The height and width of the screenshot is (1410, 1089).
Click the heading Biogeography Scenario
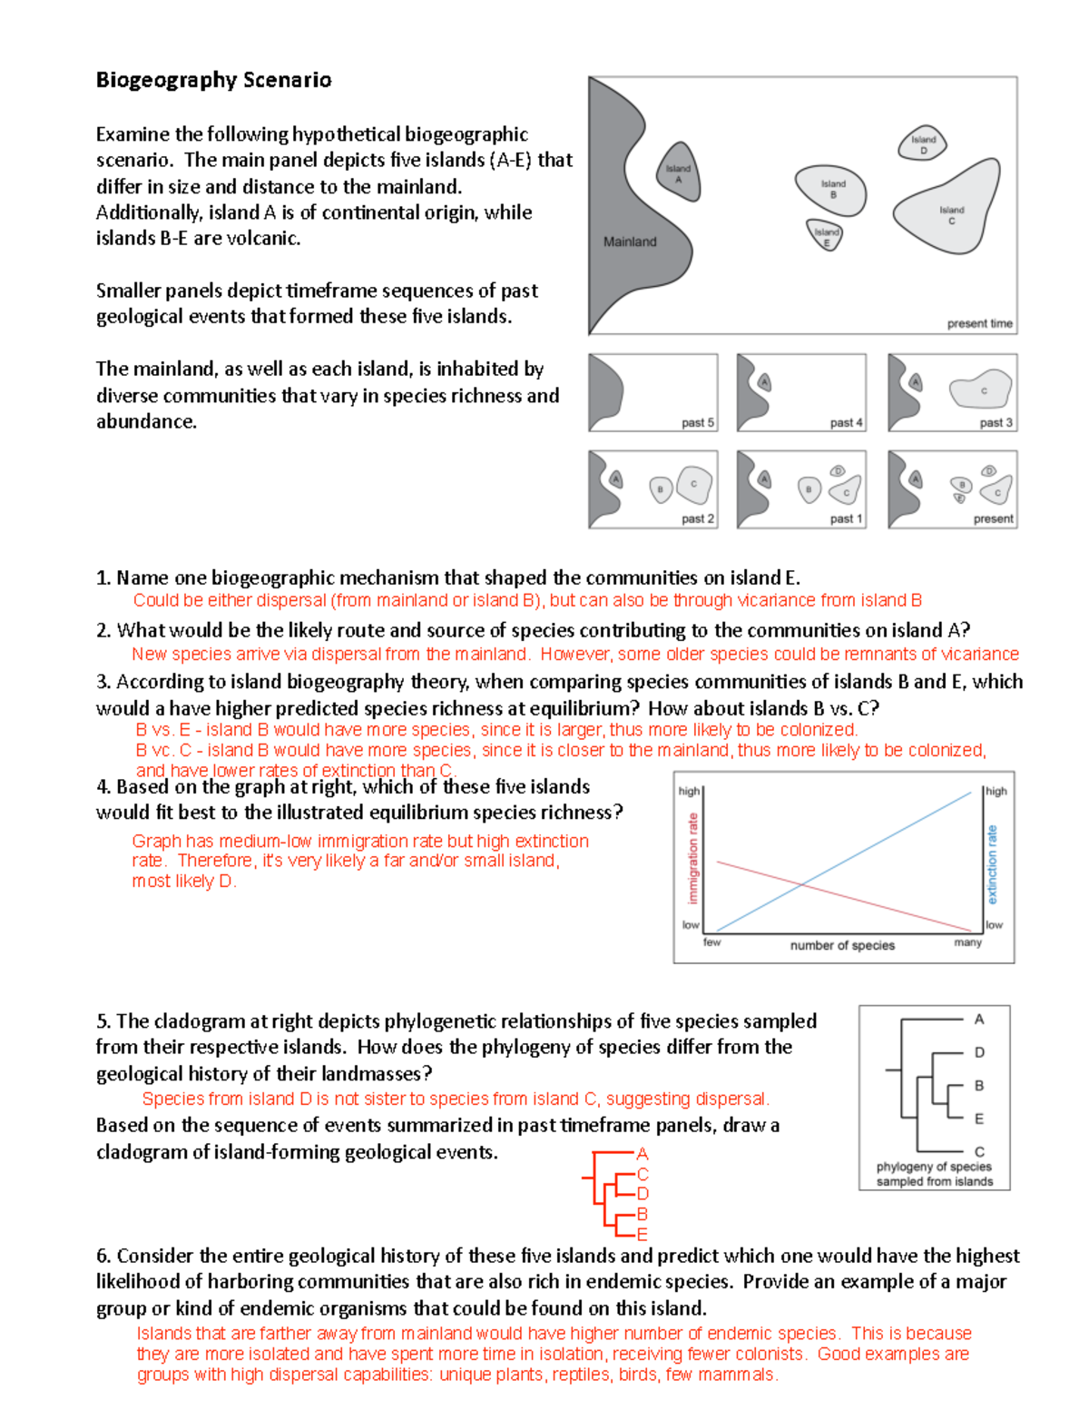coord(214,80)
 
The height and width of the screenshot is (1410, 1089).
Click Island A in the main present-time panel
coord(678,173)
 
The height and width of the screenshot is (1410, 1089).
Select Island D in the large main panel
coord(923,143)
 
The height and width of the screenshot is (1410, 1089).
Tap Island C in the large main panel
coord(949,212)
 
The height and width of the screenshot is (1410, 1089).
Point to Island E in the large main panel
coord(826,236)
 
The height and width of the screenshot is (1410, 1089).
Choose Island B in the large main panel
coord(831,190)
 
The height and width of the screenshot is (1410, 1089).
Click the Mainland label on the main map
coord(630,242)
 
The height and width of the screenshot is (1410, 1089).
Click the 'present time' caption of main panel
coord(979,323)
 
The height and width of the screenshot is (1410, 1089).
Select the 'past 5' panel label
coord(698,423)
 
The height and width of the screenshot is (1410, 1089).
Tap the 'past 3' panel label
coord(996,423)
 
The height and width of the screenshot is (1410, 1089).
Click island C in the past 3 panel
coord(981,390)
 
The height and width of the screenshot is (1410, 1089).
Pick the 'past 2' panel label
coord(698,519)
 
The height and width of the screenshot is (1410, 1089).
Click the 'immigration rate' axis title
coord(693,858)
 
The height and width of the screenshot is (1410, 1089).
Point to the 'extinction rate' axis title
coord(992,863)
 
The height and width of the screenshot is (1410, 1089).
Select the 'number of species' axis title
coord(842,945)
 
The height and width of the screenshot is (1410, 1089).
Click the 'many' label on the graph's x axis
coord(967,942)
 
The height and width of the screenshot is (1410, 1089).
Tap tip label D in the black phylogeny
coord(979,1052)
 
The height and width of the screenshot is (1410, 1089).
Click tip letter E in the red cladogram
coord(643,1235)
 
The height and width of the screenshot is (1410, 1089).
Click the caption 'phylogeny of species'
coord(934,1167)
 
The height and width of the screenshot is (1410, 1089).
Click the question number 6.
coord(103,1256)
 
